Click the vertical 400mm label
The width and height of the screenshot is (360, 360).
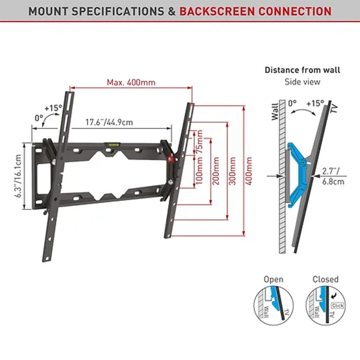[249, 170]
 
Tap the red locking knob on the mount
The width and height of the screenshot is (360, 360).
[171, 160]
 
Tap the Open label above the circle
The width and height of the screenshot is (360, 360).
[273, 279]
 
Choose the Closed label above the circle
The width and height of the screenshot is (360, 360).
[325, 279]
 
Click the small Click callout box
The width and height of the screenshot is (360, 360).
[337, 305]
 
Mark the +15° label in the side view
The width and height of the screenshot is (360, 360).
[314, 103]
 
